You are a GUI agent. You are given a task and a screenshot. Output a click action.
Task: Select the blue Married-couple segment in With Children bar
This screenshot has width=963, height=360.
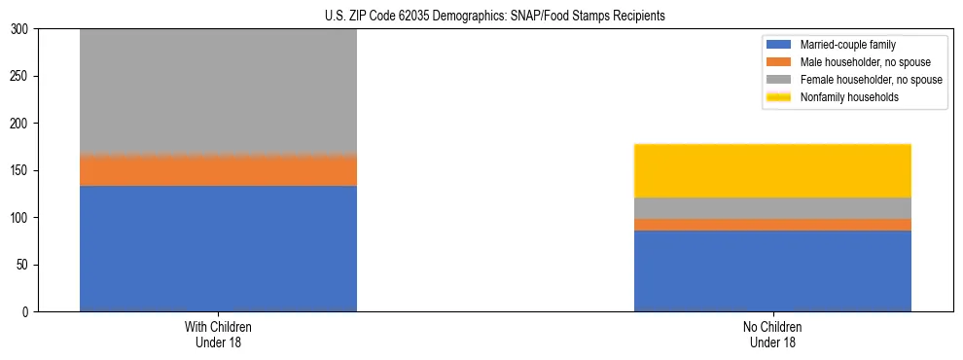(x=218, y=248)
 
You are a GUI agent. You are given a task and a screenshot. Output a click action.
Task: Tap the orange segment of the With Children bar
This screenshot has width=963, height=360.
(x=218, y=170)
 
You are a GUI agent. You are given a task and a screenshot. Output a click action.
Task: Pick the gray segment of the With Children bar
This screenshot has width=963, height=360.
(x=218, y=92)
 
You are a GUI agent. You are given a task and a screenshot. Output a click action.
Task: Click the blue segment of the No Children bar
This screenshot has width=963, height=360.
(x=772, y=270)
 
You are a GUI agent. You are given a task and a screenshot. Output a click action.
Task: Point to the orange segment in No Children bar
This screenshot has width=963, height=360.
(x=772, y=225)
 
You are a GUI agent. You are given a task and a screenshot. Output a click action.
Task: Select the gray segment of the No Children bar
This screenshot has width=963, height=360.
(x=772, y=208)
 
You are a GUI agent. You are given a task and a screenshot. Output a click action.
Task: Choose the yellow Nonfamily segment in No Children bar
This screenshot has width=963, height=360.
(x=772, y=170)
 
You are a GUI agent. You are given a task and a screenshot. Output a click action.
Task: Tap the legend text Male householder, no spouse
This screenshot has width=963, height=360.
(x=858, y=62)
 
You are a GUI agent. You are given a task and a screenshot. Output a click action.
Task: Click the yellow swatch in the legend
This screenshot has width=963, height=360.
(x=780, y=97)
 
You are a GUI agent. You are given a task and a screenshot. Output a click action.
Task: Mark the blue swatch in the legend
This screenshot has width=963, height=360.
(x=780, y=45)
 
